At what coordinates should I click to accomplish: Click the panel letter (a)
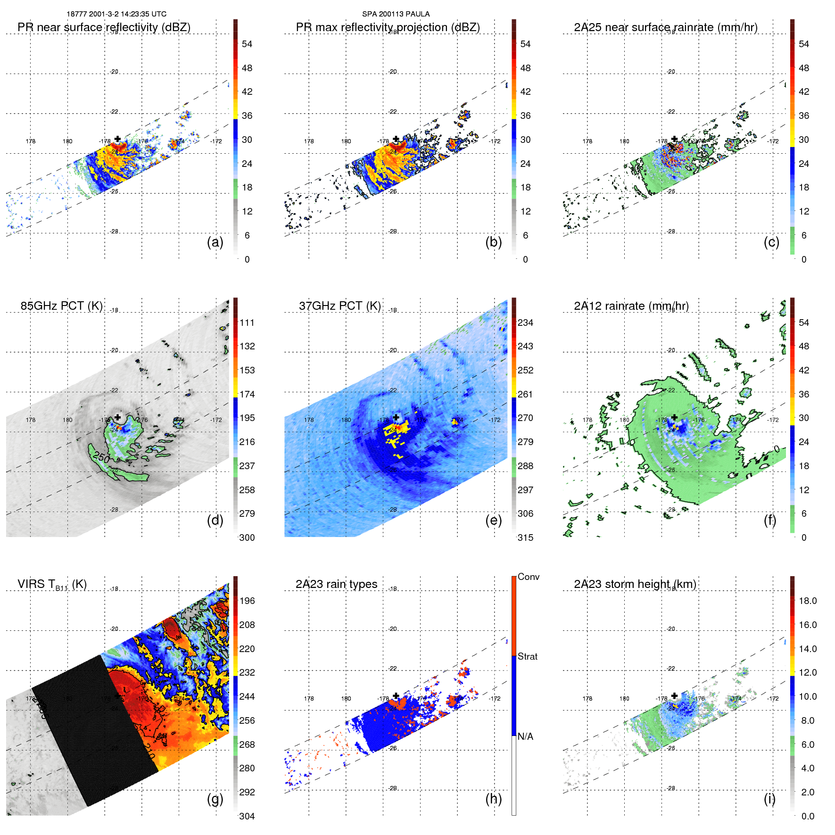(x=215, y=242)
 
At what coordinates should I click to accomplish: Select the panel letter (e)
(x=493, y=521)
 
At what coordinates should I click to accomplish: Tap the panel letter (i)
(x=769, y=799)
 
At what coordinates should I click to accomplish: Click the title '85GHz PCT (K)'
(x=61, y=306)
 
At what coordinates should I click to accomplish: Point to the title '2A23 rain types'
(x=336, y=584)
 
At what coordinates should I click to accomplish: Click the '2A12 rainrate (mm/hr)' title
(x=631, y=306)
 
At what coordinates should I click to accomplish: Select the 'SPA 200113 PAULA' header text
(x=396, y=14)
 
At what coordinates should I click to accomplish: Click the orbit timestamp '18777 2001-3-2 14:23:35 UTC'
(x=116, y=14)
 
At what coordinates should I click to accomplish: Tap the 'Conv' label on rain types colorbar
(x=528, y=577)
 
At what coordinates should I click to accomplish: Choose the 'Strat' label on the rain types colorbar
(x=527, y=657)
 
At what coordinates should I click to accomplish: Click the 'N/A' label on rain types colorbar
(x=525, y=736)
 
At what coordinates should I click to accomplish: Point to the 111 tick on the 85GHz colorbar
(x=247, y=323)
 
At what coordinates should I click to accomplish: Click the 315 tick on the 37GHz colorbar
(x=525, y=538)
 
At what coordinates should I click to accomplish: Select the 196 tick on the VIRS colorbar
(x=247, y=601)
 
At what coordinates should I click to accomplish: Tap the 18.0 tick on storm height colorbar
(x=807, y=601)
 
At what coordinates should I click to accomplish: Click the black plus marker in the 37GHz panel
(x=396, y=417)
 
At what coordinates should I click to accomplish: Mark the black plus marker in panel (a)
(x=117, y=139)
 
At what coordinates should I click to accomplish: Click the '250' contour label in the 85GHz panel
(x=101, y=457)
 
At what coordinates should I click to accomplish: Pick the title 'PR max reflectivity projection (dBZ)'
(x=388, y=27)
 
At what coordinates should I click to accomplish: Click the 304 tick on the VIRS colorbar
(x=247, y=816)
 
